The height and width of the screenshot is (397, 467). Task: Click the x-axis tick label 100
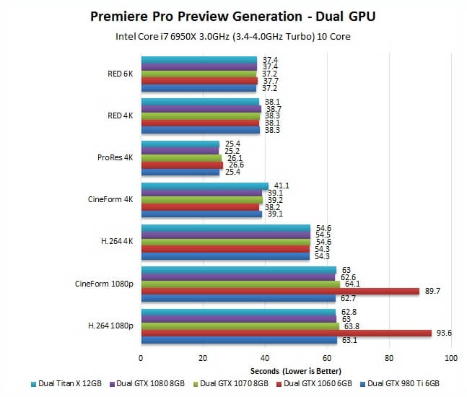point(451,358)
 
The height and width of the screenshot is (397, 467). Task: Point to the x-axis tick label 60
point(327,358)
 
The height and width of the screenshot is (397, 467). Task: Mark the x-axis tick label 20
point(203,358)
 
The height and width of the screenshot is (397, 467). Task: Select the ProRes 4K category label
point(115,157)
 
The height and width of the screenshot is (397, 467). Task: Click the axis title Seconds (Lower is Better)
point(296,370)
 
